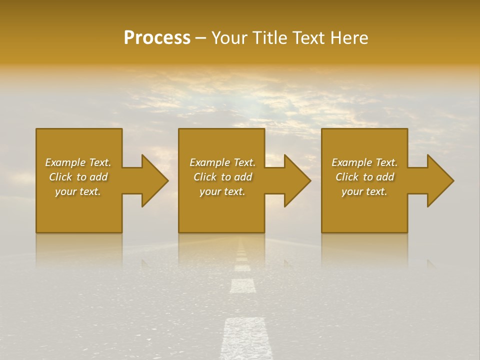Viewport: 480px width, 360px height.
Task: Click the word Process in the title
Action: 157,38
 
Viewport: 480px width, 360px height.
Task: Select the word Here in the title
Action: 350,38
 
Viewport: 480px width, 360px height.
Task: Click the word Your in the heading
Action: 228,38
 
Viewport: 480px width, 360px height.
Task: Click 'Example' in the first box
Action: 65,162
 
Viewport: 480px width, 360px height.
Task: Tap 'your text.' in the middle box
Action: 222,191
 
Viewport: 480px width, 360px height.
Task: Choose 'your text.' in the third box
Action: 364,191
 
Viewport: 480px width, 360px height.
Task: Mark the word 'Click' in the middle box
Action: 205,177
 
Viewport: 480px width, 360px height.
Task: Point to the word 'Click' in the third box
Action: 347,177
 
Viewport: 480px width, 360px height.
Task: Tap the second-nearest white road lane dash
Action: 243,285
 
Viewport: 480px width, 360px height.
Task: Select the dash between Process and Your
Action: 201,38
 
